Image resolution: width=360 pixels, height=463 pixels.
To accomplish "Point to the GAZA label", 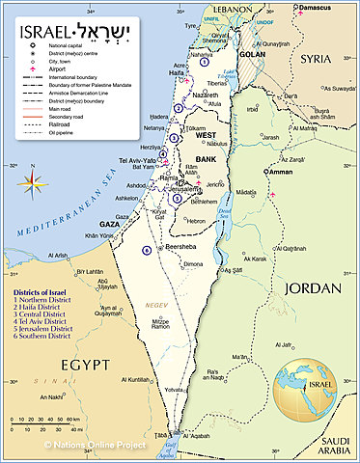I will [109, 224].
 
